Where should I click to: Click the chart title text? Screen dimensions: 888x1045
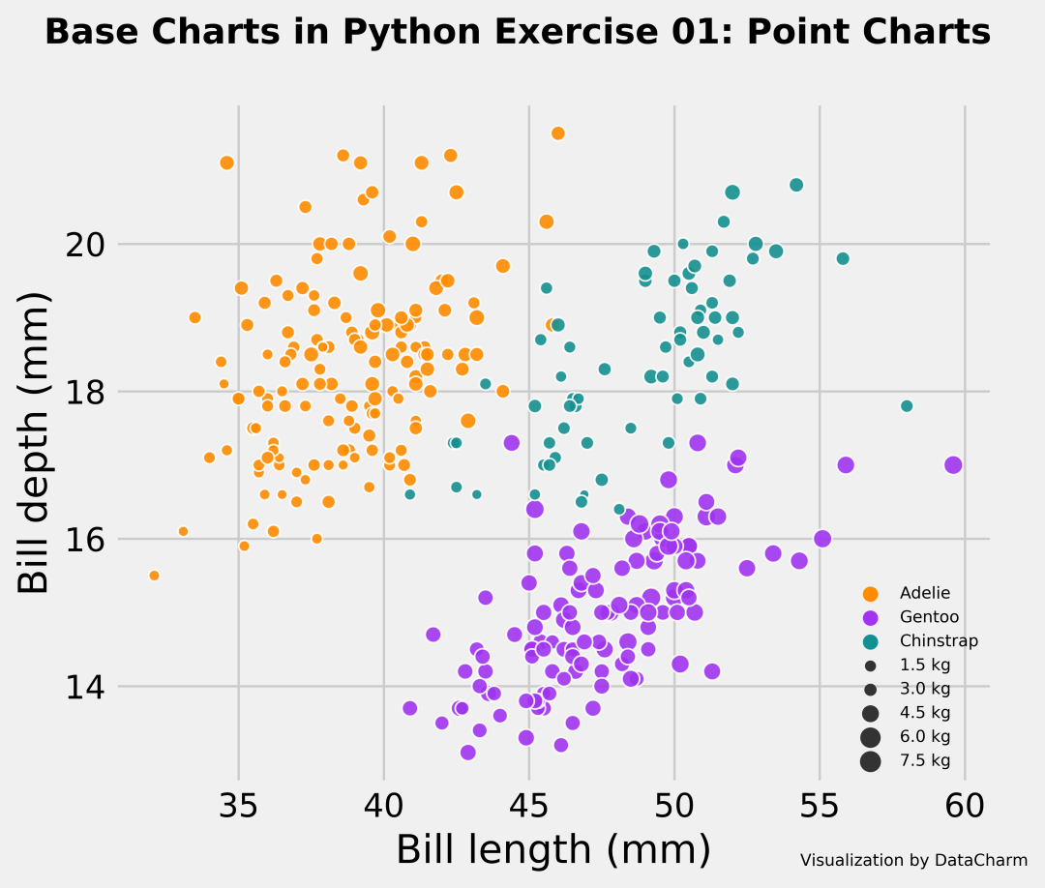[x=518, y=33]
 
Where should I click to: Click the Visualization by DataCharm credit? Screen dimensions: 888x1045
[x=913, y=860]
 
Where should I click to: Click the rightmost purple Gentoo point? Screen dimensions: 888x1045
[x=953, y=464]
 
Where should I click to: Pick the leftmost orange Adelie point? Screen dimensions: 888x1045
[x=154, y=576]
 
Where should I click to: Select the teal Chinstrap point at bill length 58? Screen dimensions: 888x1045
[x=907, y=406]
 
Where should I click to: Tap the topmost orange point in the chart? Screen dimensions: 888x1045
[x=557, y=133]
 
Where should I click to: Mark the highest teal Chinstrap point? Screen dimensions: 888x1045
[x=796, y=185]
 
